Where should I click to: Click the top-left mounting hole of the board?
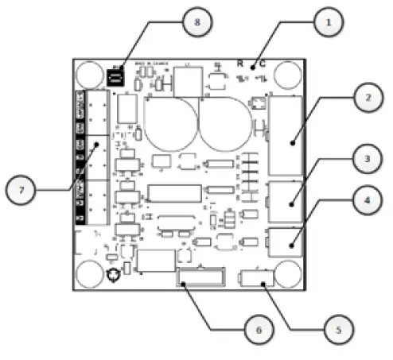pyautogui.click(x=89, y=73)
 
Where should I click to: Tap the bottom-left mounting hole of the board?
pyautogui.click(x=89, y=273)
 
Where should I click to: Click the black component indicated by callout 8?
pyautogui.click(x=116, y=77)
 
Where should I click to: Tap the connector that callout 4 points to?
pyautogui.click(x=286, y=242)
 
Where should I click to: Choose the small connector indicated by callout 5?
pyautogui.click(x=256, y=279)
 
